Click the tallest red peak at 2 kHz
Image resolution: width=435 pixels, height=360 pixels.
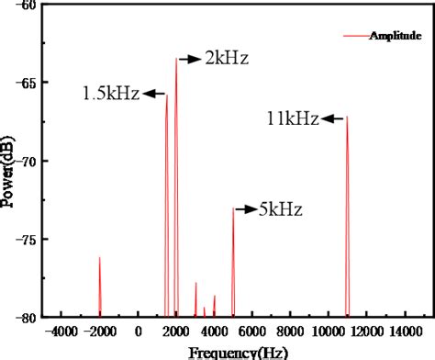coord(176,61)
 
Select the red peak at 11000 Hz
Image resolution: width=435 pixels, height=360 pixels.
coord(348,118)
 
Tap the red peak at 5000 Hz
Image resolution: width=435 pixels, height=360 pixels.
coord(233,209)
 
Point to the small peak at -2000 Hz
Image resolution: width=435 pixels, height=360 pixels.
coord(99,260)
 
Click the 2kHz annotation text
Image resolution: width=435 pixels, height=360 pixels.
coord(226,59)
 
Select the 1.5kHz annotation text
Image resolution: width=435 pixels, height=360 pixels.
coord(110,93)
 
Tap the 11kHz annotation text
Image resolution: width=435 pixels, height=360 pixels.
coord(293,118)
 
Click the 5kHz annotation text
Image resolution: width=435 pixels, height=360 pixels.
coord(281,210)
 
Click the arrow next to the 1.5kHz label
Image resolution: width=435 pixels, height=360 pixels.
coord(153,93)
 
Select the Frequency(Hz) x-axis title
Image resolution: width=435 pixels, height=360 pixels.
coord(237,352)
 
